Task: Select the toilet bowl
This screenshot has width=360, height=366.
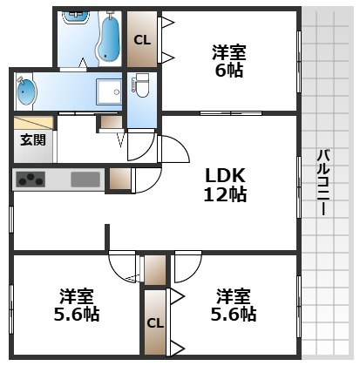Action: pos(141,86)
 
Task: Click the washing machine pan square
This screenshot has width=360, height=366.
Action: pos(110,91)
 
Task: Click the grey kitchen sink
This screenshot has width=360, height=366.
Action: pos(85,180)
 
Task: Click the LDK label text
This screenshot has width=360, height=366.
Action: pos(224,174)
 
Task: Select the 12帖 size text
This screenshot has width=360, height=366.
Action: pos(224,194)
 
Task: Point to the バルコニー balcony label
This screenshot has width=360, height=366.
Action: pos(322,183)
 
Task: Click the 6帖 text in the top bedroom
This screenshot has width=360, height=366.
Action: pos(229,71)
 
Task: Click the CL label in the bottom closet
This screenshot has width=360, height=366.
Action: pos(154,323)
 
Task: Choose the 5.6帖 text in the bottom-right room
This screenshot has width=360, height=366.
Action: pos(235,314)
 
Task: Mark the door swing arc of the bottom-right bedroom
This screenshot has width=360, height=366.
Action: pos(187,265)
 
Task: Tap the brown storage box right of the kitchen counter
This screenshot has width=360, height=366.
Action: pos(119,180)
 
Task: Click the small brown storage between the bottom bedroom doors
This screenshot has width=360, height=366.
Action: pos(154,270)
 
